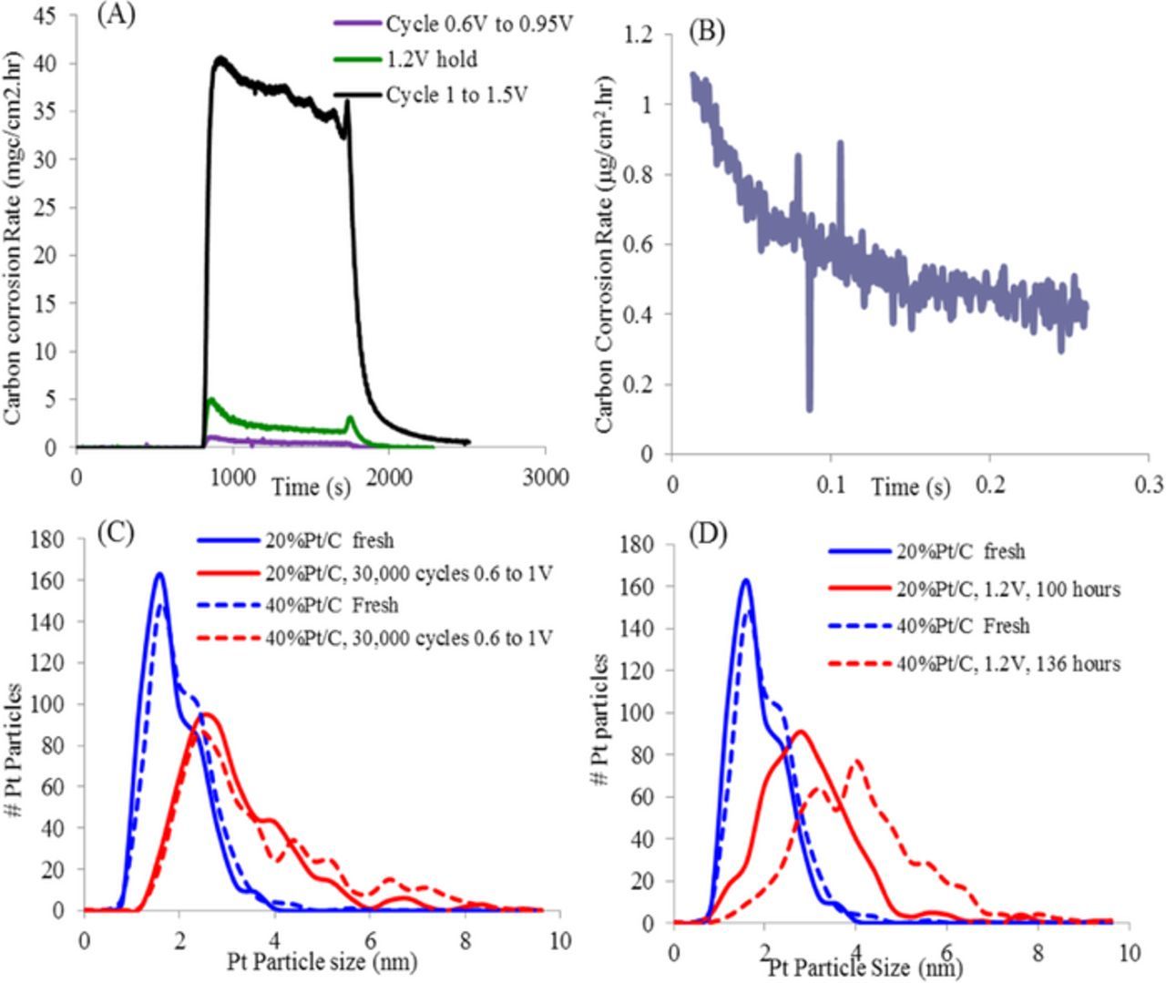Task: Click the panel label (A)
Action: (x=117, y=15)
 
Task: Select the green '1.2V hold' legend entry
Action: (x=432, y=60)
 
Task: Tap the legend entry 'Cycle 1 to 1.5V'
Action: (x=456, y=95)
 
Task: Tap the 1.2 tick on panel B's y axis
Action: (x=640, y=36)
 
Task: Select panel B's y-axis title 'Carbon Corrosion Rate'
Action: (x=605, y=254)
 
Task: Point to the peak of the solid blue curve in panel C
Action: (x=159, y=574)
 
